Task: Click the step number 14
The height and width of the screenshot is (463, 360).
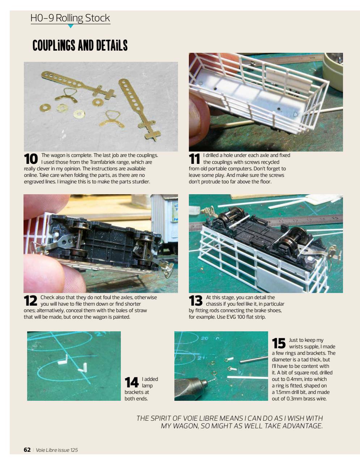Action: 132,383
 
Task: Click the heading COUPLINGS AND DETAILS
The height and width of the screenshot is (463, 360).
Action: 80,46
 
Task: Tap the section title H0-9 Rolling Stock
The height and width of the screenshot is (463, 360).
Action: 70,18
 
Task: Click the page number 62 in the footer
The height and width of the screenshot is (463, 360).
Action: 27,450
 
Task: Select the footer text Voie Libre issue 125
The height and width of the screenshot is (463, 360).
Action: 56,450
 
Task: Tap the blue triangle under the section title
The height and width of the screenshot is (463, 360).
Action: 71,26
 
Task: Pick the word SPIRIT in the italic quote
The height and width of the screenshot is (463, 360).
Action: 162,419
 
